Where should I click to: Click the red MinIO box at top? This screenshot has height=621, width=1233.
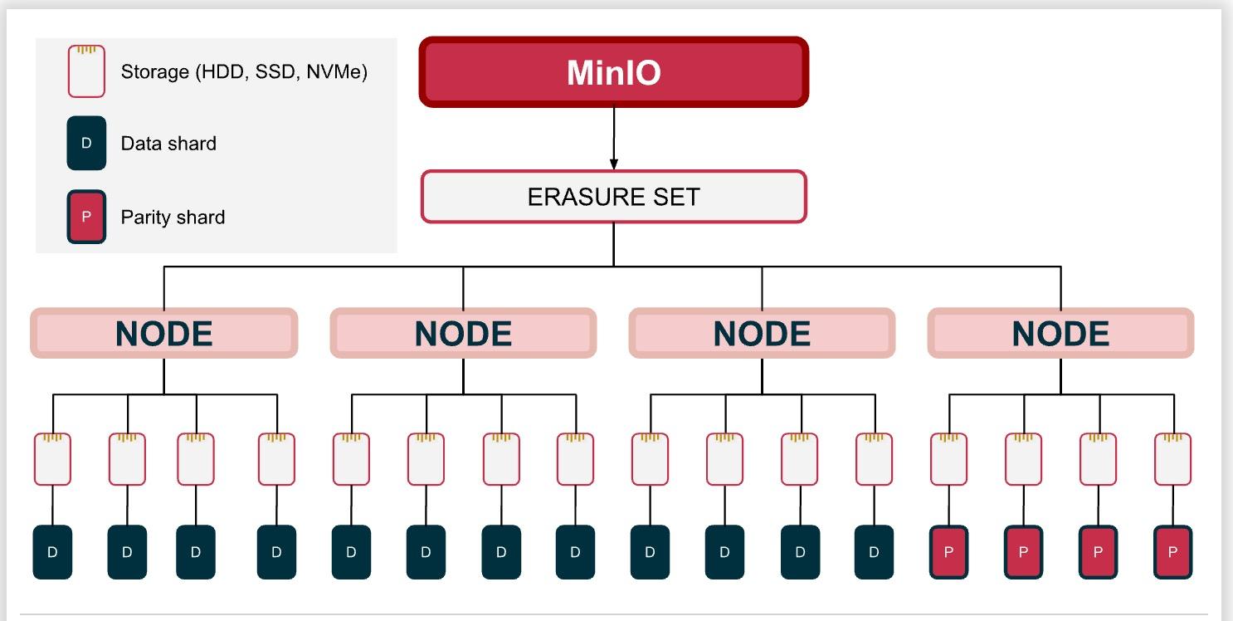coord(613,72)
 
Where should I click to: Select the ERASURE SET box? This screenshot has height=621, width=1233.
coord(613,197)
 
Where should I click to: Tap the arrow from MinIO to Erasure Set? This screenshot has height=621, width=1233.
coord(613,138)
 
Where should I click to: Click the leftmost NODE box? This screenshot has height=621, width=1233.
coord(163,334)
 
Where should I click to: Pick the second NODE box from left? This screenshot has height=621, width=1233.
coord(463,334)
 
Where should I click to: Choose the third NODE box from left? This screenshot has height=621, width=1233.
coord(762,334)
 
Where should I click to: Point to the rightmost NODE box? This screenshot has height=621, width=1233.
coord(1060,334)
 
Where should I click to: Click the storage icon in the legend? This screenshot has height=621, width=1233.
coord(86,71)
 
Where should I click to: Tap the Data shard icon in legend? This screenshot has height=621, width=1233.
coord(86,143)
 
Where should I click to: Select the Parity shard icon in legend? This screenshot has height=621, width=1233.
coord(86,217)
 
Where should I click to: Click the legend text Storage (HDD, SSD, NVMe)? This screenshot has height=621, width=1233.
coord(244,72)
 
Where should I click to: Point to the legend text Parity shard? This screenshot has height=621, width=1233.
coord(173,218)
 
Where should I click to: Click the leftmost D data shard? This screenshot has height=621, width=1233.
coord(52,552)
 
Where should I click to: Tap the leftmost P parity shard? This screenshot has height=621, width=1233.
coord(948,552)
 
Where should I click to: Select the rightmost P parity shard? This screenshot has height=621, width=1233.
coord(1172,552)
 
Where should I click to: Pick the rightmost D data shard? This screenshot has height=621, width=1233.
coord(874,552)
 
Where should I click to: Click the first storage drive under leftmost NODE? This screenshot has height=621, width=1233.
coord(52,459)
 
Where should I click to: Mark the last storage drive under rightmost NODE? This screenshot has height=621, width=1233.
coord(1172,459)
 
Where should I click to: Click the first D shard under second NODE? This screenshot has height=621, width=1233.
coord(351,552)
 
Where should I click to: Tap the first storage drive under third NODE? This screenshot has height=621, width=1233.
coord(650,459)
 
